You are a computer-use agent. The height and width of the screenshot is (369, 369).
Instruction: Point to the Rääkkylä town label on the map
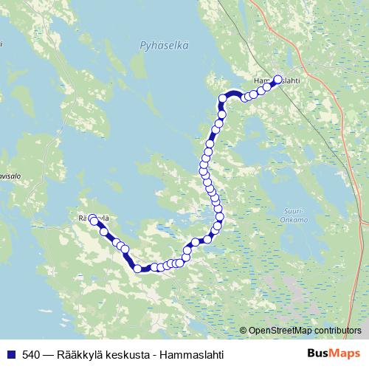click(94, 218)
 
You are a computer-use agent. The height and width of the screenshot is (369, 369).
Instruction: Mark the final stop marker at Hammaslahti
click(277, 80)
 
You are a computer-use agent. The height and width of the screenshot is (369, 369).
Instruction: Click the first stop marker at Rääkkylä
click(94, 219)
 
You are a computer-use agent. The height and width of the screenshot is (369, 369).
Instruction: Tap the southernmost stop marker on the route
click(137, 269)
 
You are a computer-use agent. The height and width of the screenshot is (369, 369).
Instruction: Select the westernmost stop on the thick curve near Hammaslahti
click(221, 99)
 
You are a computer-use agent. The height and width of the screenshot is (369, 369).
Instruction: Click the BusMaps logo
click(333, 354)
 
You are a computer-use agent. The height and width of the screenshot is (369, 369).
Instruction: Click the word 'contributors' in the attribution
click(338, 331)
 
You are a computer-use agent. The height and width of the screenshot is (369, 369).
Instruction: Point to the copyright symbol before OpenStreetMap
click(244, 331)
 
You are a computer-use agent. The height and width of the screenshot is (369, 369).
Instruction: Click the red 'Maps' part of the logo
click(345, 354)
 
